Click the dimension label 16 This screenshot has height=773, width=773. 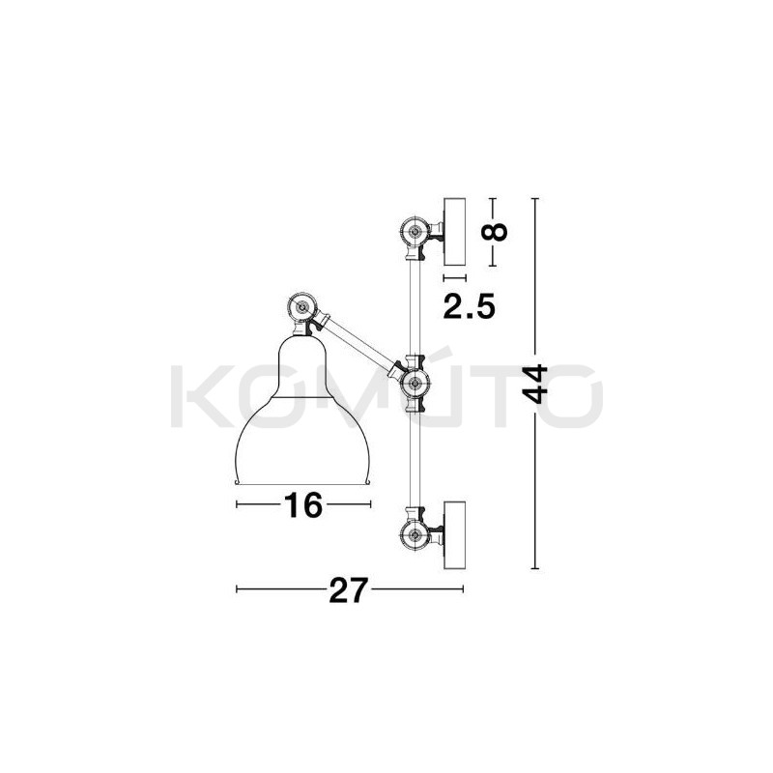(x=303, y=505)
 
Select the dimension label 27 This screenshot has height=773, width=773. (x=350, y=588)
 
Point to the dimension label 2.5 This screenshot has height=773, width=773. (x=469, y=307)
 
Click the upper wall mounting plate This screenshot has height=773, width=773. (x=454, y=232)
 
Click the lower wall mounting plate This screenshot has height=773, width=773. (x=454, y=533)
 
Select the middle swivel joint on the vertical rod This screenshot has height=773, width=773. (x=415, y=384)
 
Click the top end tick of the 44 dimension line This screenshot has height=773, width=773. (x=537, y=197)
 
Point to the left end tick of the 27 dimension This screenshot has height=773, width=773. (x=237, y=588)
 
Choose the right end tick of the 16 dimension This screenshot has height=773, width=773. (x=370, y=505)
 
